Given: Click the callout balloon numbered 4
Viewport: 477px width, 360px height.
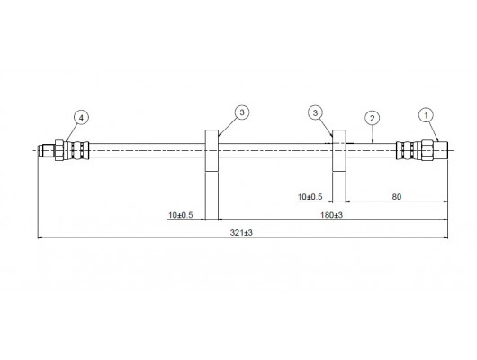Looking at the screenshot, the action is click(x=81, y=118).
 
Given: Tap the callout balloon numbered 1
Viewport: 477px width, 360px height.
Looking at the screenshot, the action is click(x=427, y=115).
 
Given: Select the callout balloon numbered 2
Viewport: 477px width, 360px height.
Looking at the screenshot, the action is click(x=373, y=118).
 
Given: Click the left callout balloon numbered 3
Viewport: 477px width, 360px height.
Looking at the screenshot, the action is click(x=242, y=112).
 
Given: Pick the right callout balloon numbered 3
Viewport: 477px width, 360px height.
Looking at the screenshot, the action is click(x=315, y=112).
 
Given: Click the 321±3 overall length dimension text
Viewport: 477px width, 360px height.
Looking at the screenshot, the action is click(x=241, y=233).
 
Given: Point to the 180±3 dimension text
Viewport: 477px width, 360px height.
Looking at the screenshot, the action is click(x=331, y=215).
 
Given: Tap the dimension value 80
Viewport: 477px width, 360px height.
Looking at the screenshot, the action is click(x=396, y=197).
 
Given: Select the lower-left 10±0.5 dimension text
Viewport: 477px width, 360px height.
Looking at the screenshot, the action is click(x=181, y=215).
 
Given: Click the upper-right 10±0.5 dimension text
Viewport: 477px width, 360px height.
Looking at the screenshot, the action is click(x=310, y=197).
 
